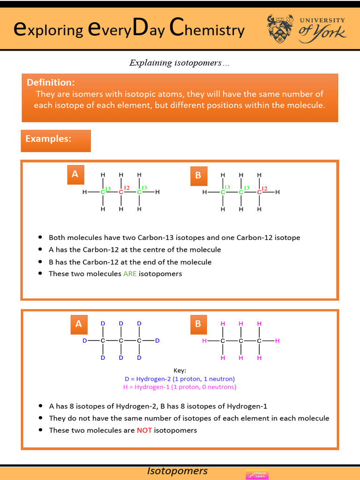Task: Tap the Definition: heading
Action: pyautogui.click(x=51, y=82)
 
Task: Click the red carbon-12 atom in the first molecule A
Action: pyautogui.click(x=121, y=192)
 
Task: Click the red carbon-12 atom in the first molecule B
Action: pyautogui.click(x=259, y=192)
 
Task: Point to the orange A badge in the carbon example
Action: pyautogui.click(x=75, y=174)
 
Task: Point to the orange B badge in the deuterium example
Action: pyautogui.click(x=198, y=324)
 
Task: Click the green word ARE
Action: pyautogui.click(x=130, y=274)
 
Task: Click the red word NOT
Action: pyautogui.click(x=144, y=430)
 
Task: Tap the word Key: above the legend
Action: pyautogui.click(x=180, y=370)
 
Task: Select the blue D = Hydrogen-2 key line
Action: pyautogui.click(x=180, y=379)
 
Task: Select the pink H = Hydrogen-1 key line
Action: pyautogui.click(x=180, y=387)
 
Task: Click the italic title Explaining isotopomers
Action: pyautogui.click(x=180, y=63)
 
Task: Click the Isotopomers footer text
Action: pyautogui.click(x=177, y=471)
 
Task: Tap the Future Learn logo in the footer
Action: pyautogui.click(x=257, y=474)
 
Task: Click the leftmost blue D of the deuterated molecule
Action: pyautogui.click(x=85, y=341)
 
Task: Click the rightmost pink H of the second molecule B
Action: pyautogui.click(x=277, y=341)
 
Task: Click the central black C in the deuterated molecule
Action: pyautogui.click(x=121, y=341)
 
